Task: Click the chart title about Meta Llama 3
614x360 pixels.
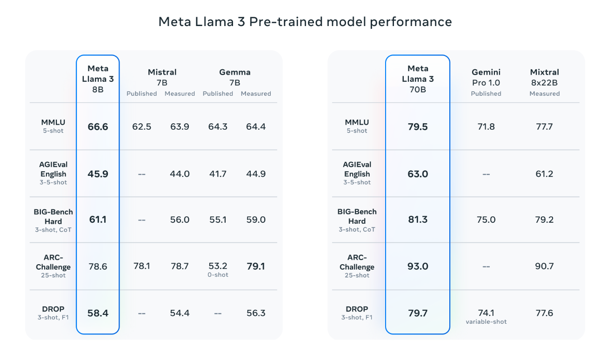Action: click(305, 22)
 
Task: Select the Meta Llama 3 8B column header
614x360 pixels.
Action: click(98, 79)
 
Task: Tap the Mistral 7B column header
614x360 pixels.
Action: click(162, 77)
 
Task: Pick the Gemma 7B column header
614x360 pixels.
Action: click(235, 77)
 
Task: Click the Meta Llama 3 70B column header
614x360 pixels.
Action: click(418, 79)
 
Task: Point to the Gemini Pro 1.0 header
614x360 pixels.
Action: click(486, 77)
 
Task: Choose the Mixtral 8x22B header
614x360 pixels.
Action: click(544, 77)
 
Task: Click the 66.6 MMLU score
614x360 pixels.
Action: click(98, 127)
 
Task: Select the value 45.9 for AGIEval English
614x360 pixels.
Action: click(98, 174)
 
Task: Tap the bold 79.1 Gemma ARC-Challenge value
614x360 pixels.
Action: click(256, 267)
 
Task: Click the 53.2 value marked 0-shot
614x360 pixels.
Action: click(218, 267)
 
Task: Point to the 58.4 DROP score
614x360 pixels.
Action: click(98, 313)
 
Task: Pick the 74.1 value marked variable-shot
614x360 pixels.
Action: click(486, 313)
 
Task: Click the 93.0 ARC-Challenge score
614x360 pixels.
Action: click(418, 267)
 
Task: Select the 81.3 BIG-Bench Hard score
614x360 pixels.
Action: click(418, 220)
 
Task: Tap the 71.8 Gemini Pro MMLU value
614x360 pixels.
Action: click(486, 127)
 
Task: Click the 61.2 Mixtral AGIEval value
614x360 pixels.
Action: click(544, 174)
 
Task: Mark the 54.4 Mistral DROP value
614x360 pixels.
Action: click(180, 313)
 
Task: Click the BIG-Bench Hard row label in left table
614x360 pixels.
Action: click(53, 217)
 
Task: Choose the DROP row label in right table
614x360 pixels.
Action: click(357, 309)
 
